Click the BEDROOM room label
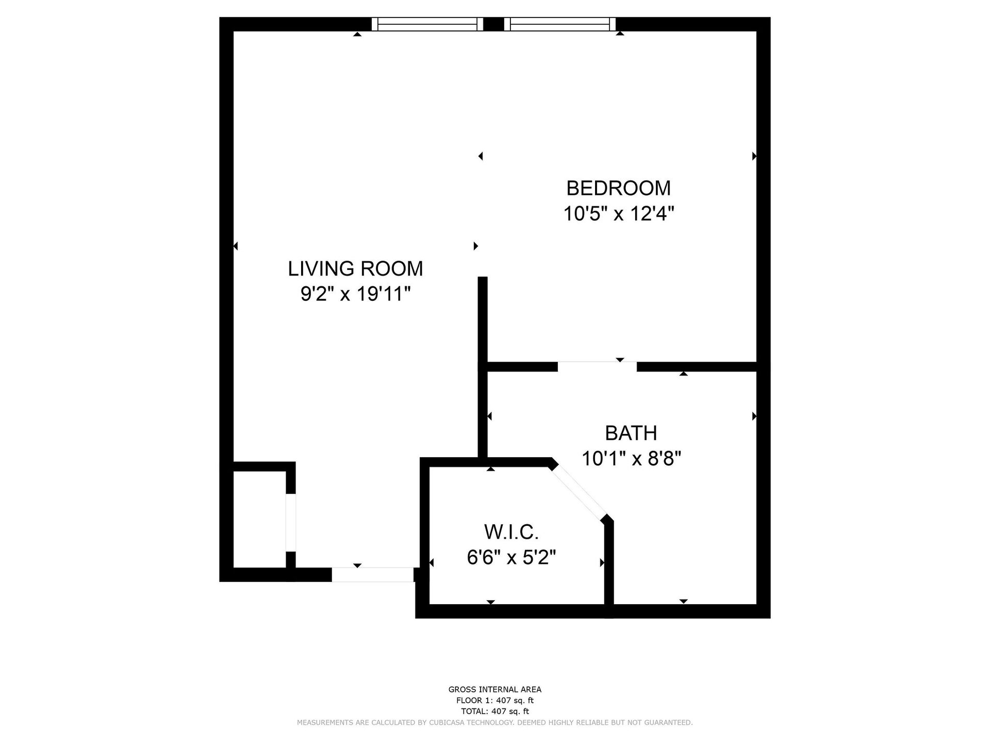click(x=618, y=188)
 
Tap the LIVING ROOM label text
click(x=355, y=269)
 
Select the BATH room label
click(x=631, y=433)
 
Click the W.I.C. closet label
click(x=511, y=531)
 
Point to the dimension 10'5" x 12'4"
click(x=618, y=214)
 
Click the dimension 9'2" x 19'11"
click(x=355, y=295)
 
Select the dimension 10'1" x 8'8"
click(x=631, y=458)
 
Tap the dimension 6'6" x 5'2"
click(x=511, y=558)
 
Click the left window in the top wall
click(x=427, y=24)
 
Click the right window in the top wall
click(x=560, y=24)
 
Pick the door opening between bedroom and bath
click(x=597, y=367)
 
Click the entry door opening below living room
click(x=372, y=575)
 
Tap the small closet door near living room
click(x=291, y=523)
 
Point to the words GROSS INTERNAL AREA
click(x=495, y=689)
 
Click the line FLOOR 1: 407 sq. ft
click(x=495, y=701)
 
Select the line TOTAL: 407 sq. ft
click(x=495, y=712)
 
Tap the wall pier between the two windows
click(x=494, y=24)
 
